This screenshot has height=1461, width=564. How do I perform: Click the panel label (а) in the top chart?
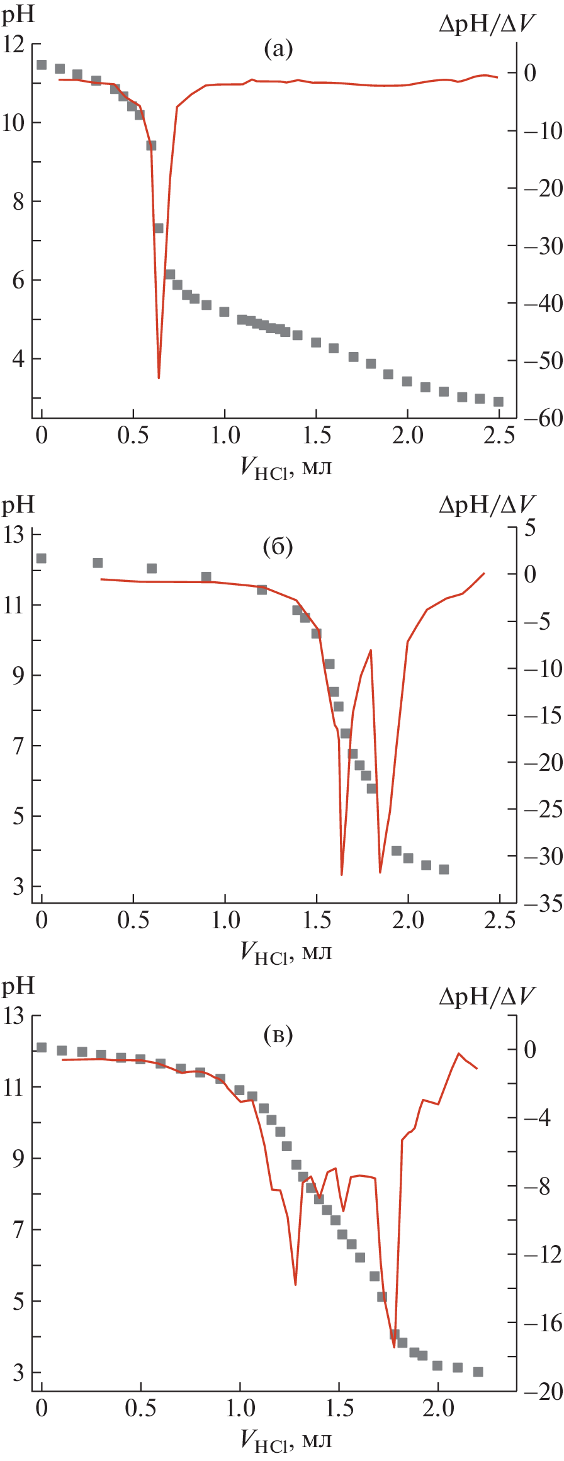pos(278,48)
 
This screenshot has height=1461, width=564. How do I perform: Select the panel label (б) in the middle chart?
pos(278,547)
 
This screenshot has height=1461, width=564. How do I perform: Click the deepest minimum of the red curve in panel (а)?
pos(159,377)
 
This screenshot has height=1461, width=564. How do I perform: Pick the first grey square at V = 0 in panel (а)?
pos(42,65)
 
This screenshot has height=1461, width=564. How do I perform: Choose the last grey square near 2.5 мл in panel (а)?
pos(499,402)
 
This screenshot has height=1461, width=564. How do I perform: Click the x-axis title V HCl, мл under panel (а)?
pos(286,467)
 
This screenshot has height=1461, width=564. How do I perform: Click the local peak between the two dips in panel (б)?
pos(371,650)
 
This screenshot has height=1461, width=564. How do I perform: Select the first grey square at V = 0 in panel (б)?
pos(42,559)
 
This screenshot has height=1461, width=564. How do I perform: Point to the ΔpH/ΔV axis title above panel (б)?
pos(487,504)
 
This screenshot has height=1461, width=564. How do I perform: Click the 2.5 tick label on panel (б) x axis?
pos(499,920)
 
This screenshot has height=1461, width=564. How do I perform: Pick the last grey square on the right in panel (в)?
pos(478,1372)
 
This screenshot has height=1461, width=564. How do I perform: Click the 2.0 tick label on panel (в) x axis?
pos(437,1407)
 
